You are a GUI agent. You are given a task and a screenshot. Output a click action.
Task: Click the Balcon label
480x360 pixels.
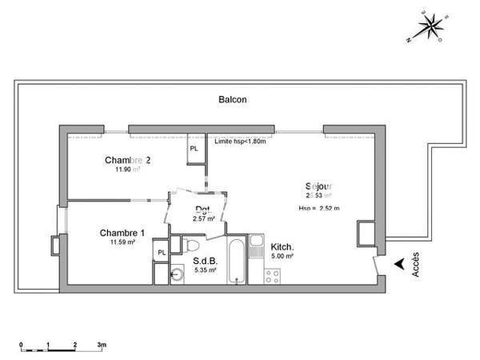coord(233,100)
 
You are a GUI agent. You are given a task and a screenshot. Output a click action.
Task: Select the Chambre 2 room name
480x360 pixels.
coord(128,160)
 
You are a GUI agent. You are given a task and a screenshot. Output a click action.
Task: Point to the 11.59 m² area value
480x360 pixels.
coord(122,242)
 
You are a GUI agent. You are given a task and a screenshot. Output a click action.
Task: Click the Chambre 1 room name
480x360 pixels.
coord(122,232)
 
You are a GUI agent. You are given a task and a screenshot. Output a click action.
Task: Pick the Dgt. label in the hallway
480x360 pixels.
coord(202,210)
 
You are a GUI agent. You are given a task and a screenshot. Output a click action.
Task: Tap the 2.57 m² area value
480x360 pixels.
coord(204,218)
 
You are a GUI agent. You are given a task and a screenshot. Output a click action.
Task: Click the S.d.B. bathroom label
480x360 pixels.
coord(204,261)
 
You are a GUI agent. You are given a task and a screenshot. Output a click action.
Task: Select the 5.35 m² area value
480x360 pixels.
coord(205,270)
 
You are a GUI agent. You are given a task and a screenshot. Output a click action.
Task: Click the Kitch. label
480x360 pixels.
coord(282,246)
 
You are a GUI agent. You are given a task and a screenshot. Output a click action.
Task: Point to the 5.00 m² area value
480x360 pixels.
coord(282,256)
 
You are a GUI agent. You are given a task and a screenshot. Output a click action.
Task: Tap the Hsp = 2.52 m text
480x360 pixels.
coord(319,209)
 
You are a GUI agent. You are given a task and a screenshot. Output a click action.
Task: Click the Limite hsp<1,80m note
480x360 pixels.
coord(241,142)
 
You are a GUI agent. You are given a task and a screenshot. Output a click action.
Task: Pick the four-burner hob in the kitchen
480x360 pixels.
coord(272,276)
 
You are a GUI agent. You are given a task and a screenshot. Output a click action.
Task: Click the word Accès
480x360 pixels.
coord(415,266)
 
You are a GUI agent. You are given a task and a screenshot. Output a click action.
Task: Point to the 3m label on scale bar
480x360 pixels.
coord(102,344)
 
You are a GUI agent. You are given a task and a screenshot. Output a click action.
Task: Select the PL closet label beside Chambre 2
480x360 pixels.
coord(194,149)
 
